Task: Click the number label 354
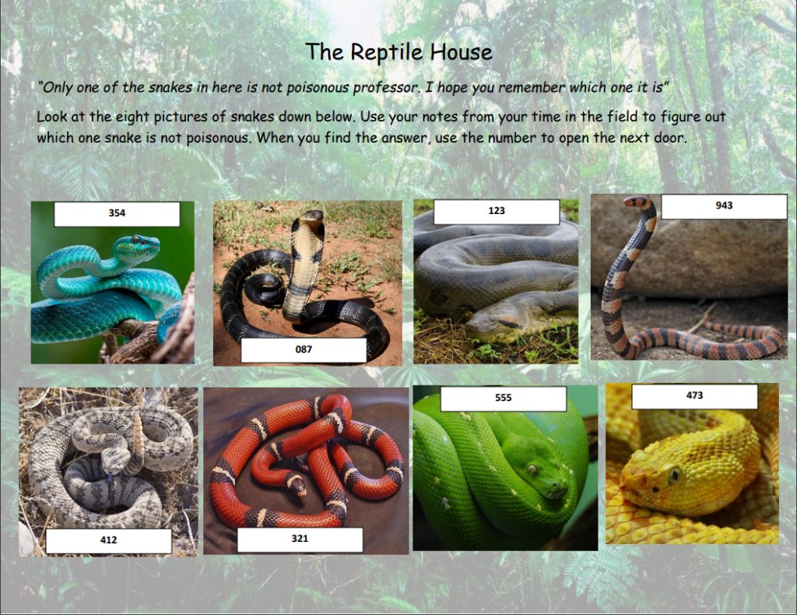pos(117,213)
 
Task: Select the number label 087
pos(304,350)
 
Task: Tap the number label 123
pos(497,211)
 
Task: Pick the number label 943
pos(724,206)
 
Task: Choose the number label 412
pos(109,540)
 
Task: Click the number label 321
pos(300,539)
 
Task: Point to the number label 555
pos(504,398)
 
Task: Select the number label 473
pos(694,395)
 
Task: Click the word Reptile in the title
pos(386,52)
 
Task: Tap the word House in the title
pos(461,52)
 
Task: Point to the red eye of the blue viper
pos(135,240)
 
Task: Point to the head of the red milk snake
pos(297,487)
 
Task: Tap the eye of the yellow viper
pos(675,476)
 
